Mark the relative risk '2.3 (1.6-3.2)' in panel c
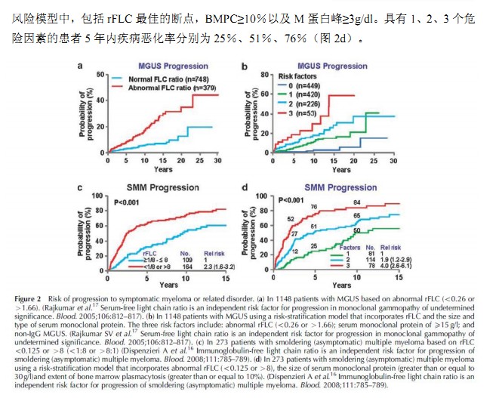(209, 267)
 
